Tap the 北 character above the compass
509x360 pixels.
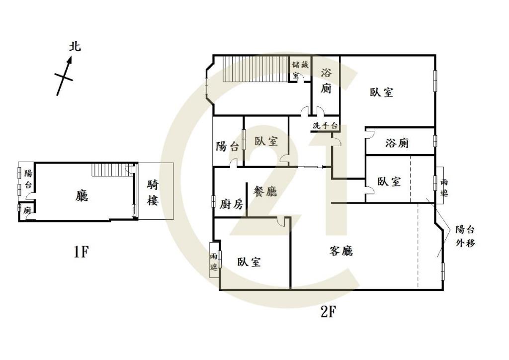[75, 47]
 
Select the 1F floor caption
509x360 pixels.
[81, 252]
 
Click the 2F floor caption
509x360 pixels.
[329, 312]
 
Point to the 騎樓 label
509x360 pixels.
[153, 193]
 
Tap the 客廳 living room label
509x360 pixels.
[341, 251]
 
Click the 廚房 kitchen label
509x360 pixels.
[231, 204]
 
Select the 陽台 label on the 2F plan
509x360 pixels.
[227, 146]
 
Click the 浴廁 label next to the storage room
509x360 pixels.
[326, 81]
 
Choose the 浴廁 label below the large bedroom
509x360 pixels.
[397, 143]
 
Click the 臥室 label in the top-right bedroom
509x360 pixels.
[382, 92]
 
